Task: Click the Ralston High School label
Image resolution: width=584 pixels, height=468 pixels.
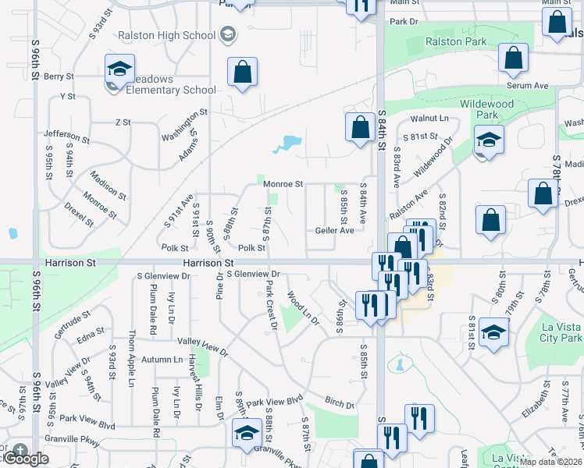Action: pos(166,35)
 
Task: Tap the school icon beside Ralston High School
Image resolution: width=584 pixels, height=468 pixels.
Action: pos(227,34)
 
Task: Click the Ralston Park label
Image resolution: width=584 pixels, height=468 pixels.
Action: pos(456,42)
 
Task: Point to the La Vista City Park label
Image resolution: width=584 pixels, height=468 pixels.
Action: pos(561,332)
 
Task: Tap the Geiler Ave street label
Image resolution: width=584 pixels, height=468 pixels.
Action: pos(335,231)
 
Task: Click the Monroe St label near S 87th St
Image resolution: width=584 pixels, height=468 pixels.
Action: pos(283,184)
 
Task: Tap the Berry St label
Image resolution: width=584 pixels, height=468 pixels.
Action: pos(59,76)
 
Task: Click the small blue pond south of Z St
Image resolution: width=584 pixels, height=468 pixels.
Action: pos(287,144)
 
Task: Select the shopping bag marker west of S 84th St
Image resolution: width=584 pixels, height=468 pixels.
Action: pos(359,127)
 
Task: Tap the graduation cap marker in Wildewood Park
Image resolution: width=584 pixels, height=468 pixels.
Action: pos(489,140)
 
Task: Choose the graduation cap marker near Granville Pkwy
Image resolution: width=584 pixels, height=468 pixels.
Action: pos(247,432)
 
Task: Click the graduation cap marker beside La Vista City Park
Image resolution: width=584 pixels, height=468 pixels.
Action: pos(494,332)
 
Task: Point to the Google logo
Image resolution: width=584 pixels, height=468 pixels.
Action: pos(25,459)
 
